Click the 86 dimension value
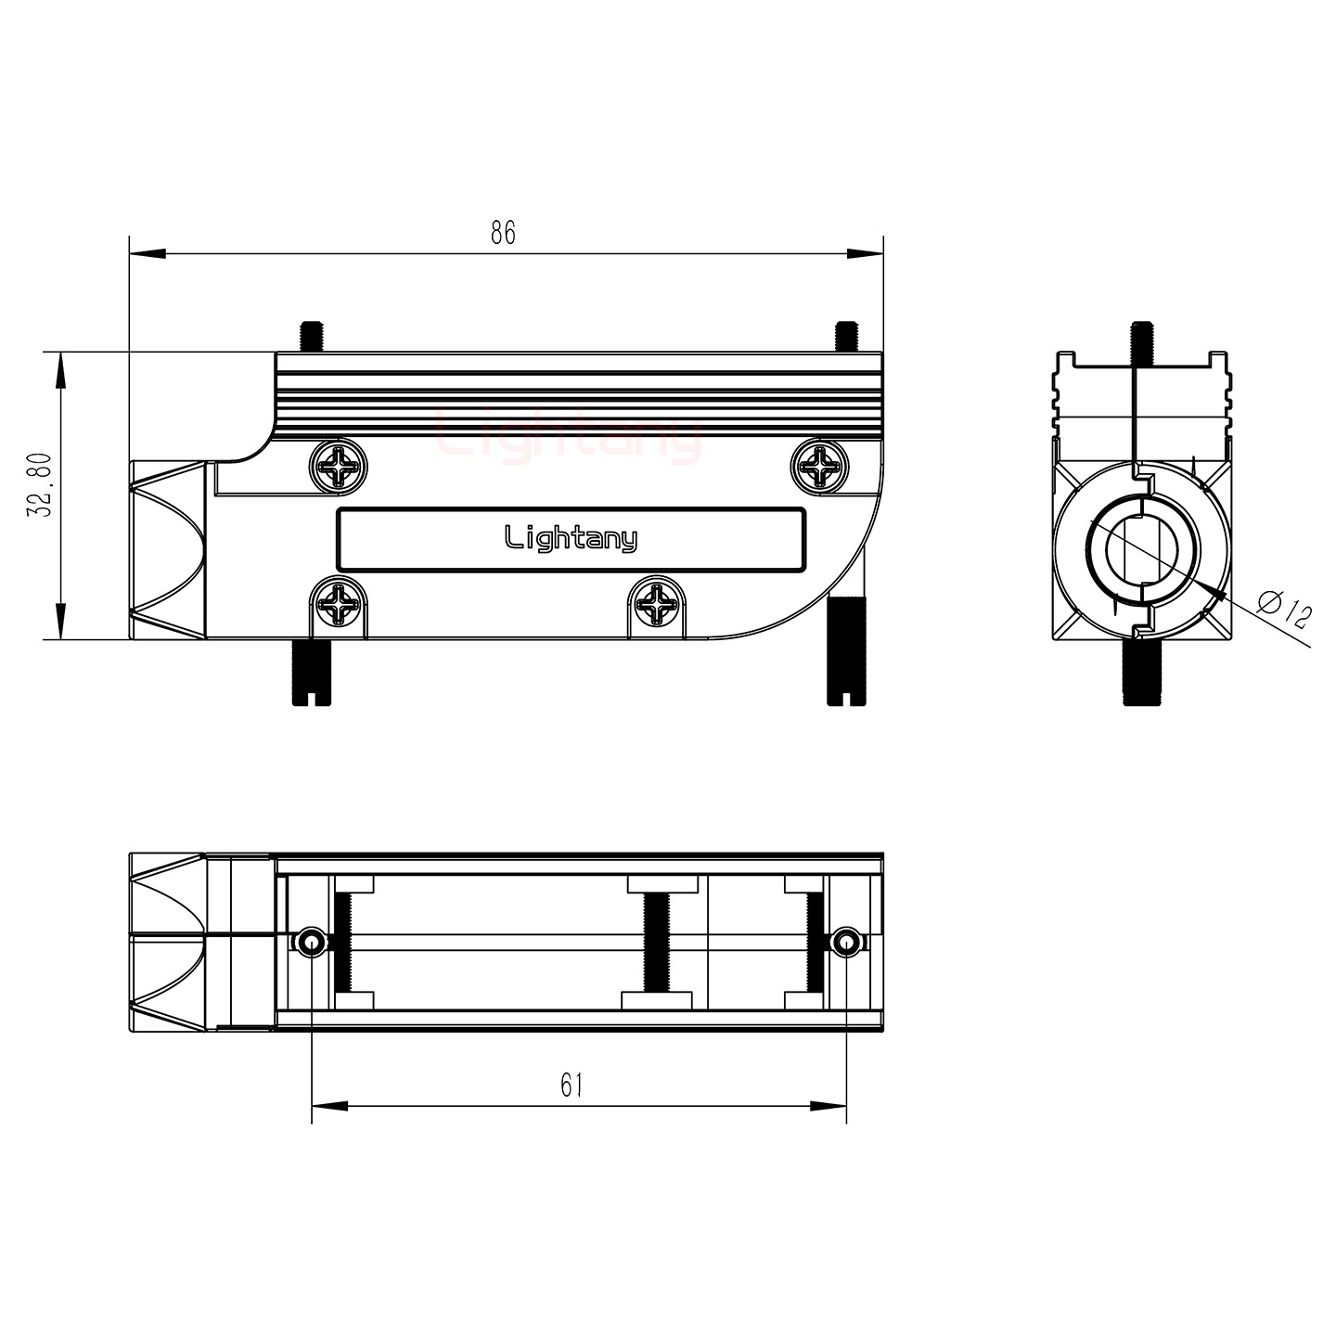pyautogui.click(x=503, y=233)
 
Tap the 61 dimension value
pyautogui.click(x=572, y=1085)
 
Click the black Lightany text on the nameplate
pyautogui.click(x=571, y=539)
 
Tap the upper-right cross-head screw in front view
pyautogui.click(x=820, y=466)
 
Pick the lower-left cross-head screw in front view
pyautogui.click(x=338, y=608)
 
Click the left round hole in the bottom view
pyautogui.click(x=310, y=944)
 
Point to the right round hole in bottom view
pyautogui.click(x=843, y=944)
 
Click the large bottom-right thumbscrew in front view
pyautogui.click(x=845, y=651)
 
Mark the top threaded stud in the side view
pyautogui.click(x=1142, y=343)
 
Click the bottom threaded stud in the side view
pyautogui.click(x=1142, y=672)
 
